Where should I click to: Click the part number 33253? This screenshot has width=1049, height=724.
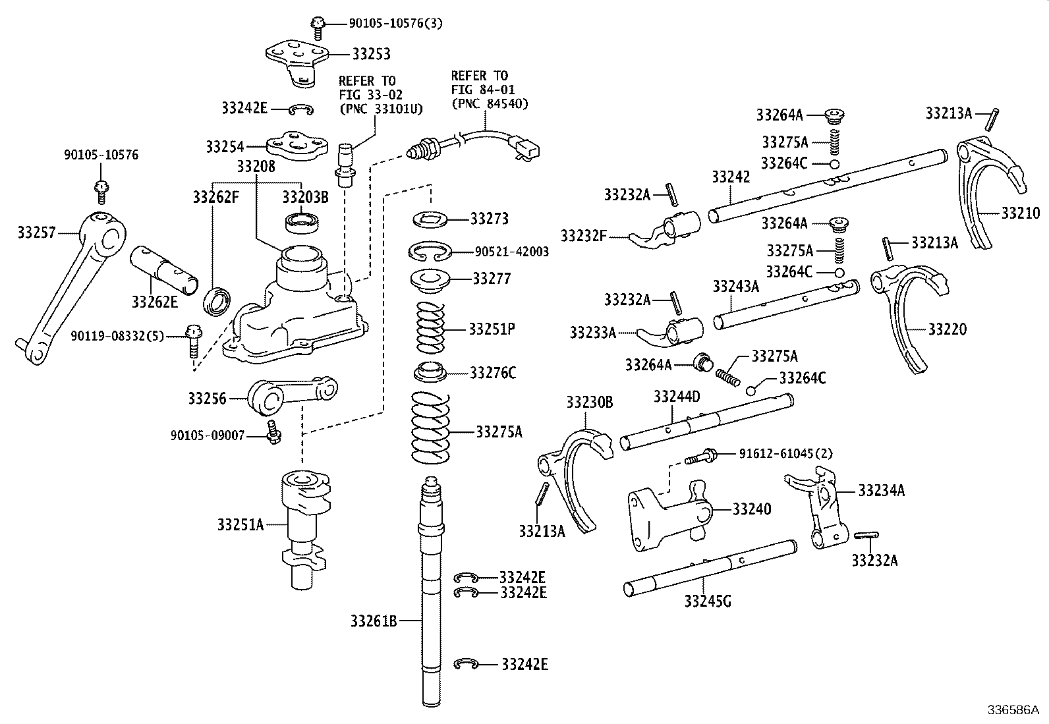click(x=371, y=54)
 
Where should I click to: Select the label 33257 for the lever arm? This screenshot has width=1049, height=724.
click(x=36, y=232)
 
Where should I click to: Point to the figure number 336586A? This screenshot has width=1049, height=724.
click(x=1012, y=710)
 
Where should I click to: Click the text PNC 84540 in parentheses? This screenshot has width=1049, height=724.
click(x=490, y=103)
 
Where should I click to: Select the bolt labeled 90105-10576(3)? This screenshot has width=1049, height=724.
click(x=318, y=26)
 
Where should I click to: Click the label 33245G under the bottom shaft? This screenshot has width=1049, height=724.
click(x=707, y=601)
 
